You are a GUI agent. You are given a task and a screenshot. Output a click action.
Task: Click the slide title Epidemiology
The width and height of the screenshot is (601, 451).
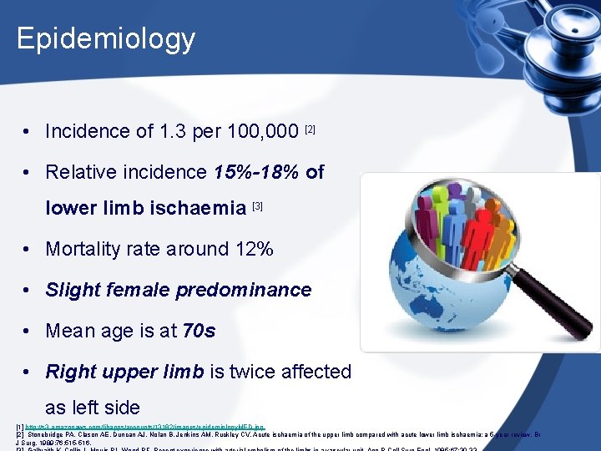click(x=105, y=38)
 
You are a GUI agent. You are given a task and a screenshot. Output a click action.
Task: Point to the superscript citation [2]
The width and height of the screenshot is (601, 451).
click(x=311, y=129)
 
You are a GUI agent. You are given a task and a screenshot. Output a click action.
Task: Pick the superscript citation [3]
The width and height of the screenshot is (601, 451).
click(x=257, y=205)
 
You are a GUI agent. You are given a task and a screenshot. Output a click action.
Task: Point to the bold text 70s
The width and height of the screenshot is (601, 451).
click(x=199, y=331)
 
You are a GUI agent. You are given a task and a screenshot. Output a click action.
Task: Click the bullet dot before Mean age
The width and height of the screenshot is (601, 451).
click(x=28, y=331)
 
